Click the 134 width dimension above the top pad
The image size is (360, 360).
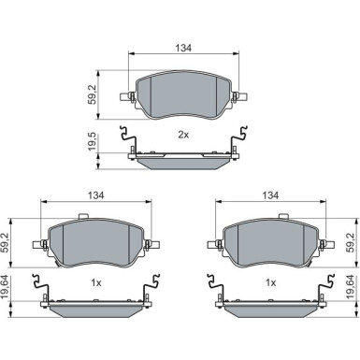(183, 48)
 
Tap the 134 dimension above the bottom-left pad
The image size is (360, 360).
(95, 195)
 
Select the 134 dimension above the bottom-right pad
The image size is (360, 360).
(270, 195)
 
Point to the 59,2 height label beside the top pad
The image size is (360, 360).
(93, 94)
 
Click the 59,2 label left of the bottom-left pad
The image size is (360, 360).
(6, 242)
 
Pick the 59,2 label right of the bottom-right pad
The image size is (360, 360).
(353, 242)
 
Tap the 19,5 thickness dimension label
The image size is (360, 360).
(93, 142)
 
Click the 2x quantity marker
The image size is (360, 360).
(183, 135)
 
